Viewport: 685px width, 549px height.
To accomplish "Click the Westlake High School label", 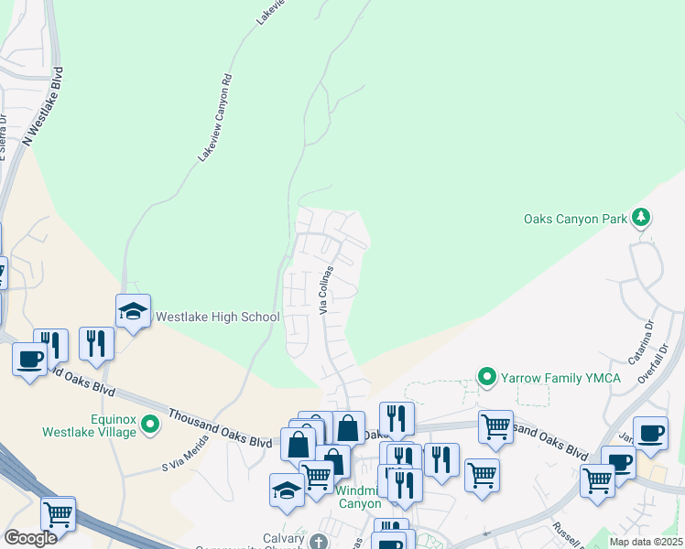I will (x=217, y=318).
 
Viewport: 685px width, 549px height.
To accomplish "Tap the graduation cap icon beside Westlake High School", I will (x=133, y=311).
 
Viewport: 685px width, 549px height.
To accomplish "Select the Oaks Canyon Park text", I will (x=575, y=219).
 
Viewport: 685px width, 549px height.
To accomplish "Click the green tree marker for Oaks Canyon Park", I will (x=643, y=218).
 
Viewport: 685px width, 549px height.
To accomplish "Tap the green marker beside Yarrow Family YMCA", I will (x=488, y=376).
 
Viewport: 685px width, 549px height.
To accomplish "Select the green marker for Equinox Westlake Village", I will (x=151, y=423).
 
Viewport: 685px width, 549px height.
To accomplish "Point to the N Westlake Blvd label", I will (x=44, y=106).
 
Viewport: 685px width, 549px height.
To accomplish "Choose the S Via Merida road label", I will (x=186, y=452).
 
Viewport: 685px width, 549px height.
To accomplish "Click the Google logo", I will (x=30, y=538).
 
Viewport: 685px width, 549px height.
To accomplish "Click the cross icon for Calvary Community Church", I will (x=319, y=540).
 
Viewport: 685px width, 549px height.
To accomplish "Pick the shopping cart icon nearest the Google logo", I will (x=58, y=514).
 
